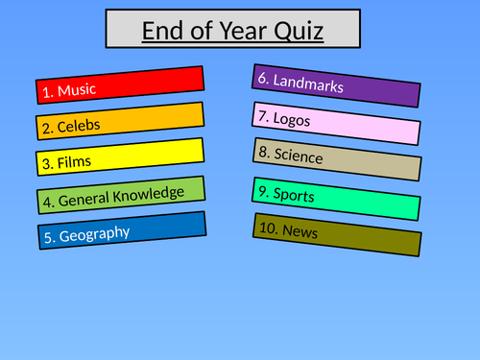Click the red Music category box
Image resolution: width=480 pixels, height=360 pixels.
click(120, 84)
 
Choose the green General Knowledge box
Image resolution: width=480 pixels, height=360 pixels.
click(120, 195)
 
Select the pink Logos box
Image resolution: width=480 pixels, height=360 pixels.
click(336, 122)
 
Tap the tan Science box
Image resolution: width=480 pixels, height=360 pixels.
click(336, 159)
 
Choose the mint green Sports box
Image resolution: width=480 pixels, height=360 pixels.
click(336, 198)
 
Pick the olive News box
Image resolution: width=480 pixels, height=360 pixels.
click(336, 233)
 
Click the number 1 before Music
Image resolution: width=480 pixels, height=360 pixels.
click(46, 93)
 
